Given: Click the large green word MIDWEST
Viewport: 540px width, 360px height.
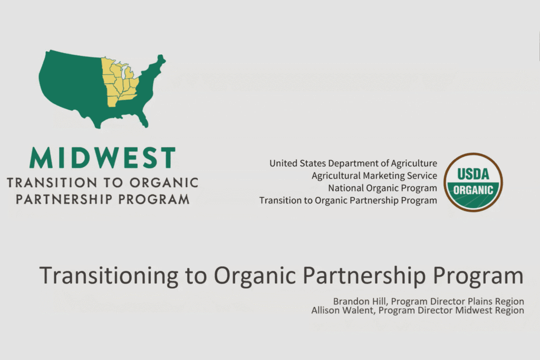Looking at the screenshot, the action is click(103, 158).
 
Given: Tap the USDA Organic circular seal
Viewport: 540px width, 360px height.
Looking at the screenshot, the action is click(473, 182).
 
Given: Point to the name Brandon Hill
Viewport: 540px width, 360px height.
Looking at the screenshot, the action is click(359, 301).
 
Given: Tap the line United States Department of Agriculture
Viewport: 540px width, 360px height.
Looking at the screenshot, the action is click(353, 163).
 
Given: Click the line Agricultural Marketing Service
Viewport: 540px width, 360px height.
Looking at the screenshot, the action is click(374, 176).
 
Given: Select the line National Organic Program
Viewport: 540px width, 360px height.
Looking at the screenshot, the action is click(382, 188).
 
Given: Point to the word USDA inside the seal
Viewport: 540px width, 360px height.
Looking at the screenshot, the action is click(473, 174).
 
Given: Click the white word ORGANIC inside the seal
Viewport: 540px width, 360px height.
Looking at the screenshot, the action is click(473, 190).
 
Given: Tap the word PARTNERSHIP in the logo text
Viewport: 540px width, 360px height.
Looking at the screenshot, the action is click(64, 199).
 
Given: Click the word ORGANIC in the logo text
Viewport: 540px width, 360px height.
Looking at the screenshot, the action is click(164, 183).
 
